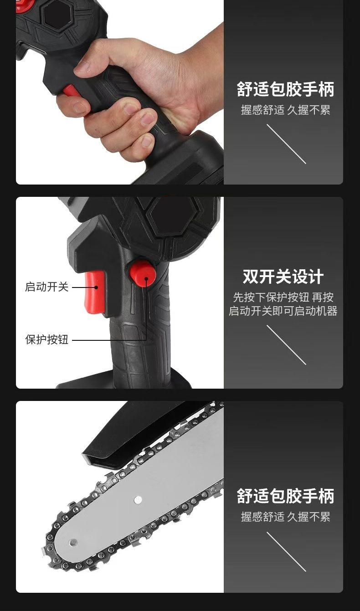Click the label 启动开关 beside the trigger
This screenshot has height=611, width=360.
(x=46, y=287)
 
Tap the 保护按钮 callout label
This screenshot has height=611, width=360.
(x=46, y=339)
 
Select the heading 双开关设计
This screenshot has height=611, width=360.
(x=283, y=277)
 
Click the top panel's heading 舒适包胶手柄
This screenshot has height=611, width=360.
(x=286, y=89)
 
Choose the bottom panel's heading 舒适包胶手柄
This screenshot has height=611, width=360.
(x=286, y=496)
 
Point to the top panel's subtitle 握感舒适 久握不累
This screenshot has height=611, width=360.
(x=286, y=110)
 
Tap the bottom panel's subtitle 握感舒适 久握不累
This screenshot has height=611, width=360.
(x=286, y=517)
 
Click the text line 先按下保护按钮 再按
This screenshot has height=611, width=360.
(x=283, y=298)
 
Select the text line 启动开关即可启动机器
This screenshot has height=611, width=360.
(x=283, y=311)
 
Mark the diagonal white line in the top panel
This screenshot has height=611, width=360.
(x=286, y=144)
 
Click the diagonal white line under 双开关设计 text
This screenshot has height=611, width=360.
(x=286, y=345)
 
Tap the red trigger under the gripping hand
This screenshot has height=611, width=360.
(x=72, y=91)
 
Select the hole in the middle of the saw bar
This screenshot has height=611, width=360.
(x=138, y=500)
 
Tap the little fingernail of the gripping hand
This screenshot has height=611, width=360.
(x=147, y=142)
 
